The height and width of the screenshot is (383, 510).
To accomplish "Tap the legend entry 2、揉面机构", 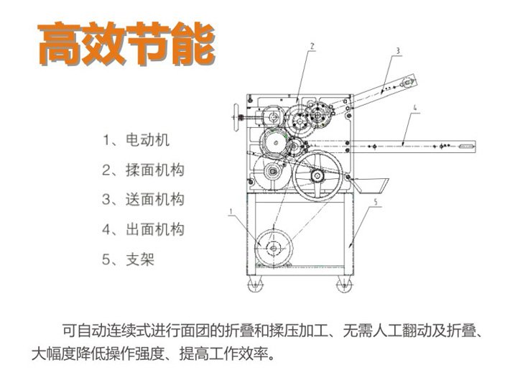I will coord(144,170).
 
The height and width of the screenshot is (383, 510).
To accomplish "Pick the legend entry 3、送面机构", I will coord(144,199).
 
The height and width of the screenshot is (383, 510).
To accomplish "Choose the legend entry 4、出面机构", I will coord(144,229).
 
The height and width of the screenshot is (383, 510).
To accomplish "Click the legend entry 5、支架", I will coord(129,259).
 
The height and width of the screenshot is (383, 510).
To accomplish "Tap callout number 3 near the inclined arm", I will coord(397,50).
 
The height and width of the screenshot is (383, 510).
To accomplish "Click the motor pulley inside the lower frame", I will coord(274,247).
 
